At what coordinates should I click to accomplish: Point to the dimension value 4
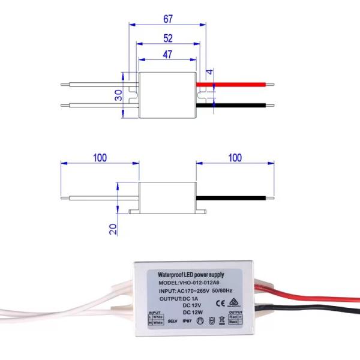point(210,72)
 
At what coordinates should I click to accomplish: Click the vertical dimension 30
point(119,95)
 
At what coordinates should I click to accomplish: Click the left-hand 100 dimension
point(100,158)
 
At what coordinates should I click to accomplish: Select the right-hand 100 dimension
point(235,158)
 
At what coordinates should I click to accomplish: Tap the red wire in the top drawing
point(240,85)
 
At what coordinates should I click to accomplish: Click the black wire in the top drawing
point(240,106)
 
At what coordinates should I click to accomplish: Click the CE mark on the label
point(219,303)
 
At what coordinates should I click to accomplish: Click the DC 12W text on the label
point(193,312)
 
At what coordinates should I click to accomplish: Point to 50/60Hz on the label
point(222,291)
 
